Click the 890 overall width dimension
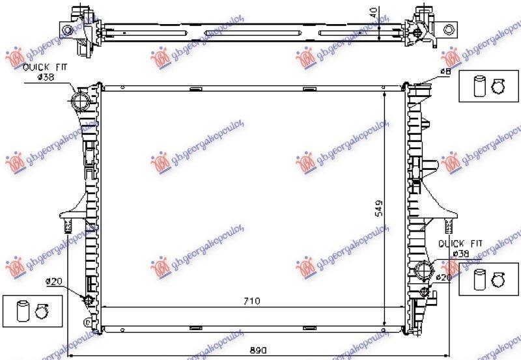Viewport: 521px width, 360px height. pyautogui.click(x=259, y=350)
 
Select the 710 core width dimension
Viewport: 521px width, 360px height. pyautogui.click(x=252, y=301)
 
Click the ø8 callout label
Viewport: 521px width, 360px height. pyautogui.click(x=445, y=71)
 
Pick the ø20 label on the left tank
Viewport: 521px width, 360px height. pyautogui.click(x=53, y=282)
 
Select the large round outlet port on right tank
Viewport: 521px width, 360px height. pyautogui.click(x=423, y=270)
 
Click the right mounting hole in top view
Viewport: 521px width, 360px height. pyautogui.click(x=448, y=29)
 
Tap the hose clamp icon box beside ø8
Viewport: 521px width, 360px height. pyautogui.click(x=488, y=86)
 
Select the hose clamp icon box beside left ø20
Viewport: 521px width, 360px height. pyautogui.click(x=32, y=310)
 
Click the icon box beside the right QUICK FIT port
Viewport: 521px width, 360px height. pyautogui.click(x=488, y=279)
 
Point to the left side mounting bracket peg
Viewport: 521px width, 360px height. pyautogui.click(x=66, y=227)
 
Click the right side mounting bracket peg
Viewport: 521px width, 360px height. pyautogui.click(x=448, y=226)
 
